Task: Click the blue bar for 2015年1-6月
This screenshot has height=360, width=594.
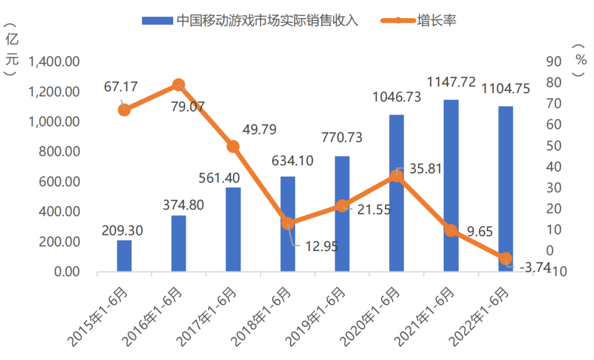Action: pyautogui.click(x=124, y=256)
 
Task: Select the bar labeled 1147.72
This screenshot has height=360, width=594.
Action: pyautogui.click(x=451, y=186)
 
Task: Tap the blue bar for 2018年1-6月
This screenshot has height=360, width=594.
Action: pyautogui.click(x=288, y=224)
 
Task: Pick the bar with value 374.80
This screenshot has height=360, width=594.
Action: pyautogui.click(x=179, y=243)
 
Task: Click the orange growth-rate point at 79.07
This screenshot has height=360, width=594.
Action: pyautogui.click(x=179, y=85)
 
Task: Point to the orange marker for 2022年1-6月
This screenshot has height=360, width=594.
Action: pyautogui.click(x=506, y=258)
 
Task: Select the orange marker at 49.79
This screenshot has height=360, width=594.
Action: pyautogui.click(x=233, y=146)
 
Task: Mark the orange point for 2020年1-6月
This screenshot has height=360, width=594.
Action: pyautogui.click(x=397, y=176)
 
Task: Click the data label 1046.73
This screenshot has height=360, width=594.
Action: pyautogui.click(x=397, y=97)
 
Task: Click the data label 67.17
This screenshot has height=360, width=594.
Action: pyautogui.click(x=120, y=86)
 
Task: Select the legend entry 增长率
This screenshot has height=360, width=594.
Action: pyautogui.click(x=436, y=21)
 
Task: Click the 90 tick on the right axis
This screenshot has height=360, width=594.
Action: pyautogui.click(x=552, y=62)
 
